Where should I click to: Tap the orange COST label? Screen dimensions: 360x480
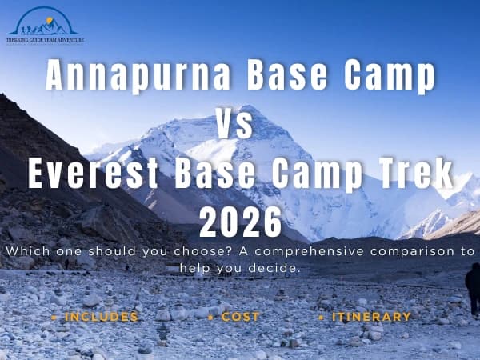pos(240,317)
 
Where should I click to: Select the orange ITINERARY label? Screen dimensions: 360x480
pos(369,317)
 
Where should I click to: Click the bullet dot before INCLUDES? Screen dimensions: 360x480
pos(54,318)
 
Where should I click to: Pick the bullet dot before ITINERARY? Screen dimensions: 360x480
pos(320,318)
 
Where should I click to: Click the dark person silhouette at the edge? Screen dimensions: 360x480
pos(473,288)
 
